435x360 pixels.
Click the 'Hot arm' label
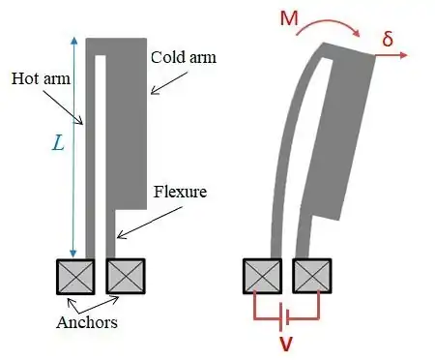coord(41,78)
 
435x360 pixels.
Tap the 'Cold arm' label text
coord(184,57)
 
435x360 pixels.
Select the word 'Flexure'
coord(180,192)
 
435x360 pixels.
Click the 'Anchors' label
coord(87,322)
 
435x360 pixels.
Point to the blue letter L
coord(58,143)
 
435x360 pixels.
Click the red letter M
coord(289,18)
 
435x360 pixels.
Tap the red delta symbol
coord(388,39)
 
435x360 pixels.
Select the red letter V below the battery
coord(286,344)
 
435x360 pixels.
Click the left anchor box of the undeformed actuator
coord(75,277)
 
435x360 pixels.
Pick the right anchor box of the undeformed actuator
coord(126,276)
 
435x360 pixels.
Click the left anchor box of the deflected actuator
coord(263,276)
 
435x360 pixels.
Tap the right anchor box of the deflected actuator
coord(312,276)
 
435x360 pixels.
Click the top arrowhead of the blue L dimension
coord(74,41)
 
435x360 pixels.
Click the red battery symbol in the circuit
coord(284,317)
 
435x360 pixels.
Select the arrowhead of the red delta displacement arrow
coord(404,55)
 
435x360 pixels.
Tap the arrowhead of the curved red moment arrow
coord(357,33)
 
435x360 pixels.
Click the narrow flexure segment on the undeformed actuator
coord(110,234)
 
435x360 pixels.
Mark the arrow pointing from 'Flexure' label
coord(150,223)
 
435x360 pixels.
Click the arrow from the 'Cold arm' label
coord(169,83)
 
